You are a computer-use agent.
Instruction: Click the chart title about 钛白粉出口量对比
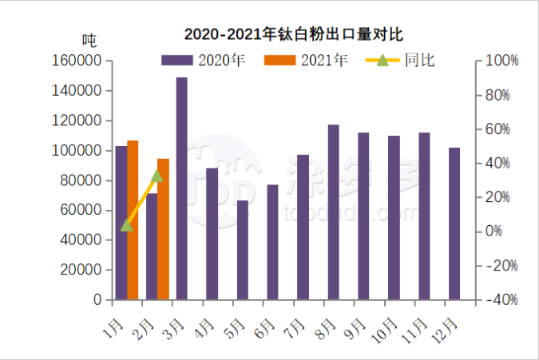[293, 34]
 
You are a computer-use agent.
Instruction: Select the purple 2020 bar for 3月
[182, 188]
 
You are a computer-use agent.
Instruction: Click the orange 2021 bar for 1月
[133, 220]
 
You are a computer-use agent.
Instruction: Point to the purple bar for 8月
[333, 212]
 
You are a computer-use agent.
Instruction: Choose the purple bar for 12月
[454, 224]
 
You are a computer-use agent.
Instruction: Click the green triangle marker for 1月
[127, 225]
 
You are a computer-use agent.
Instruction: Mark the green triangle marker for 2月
[157, 176]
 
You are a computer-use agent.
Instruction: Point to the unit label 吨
[89, 38]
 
